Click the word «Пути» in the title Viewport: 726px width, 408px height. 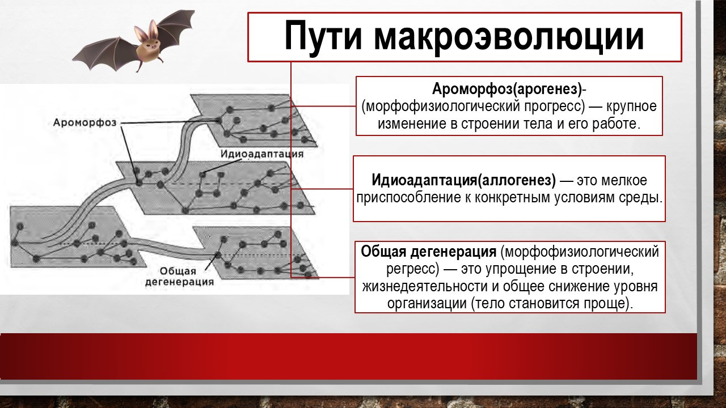[323, 36]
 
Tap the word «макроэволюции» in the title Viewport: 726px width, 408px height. [509, 36]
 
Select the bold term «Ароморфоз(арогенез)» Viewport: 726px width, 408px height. [507, 89]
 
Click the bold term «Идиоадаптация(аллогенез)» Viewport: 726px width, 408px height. [463, 180]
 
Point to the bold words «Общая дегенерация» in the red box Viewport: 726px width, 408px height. [428, 252]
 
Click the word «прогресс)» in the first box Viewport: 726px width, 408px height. [555, 107]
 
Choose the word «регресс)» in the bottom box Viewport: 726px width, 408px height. [412, 269]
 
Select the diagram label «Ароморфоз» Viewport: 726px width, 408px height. [85, 123]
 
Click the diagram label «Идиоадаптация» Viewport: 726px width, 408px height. [262, 154]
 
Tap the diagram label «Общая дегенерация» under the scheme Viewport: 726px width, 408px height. [179, 276]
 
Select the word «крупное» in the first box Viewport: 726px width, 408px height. [631, 107]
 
